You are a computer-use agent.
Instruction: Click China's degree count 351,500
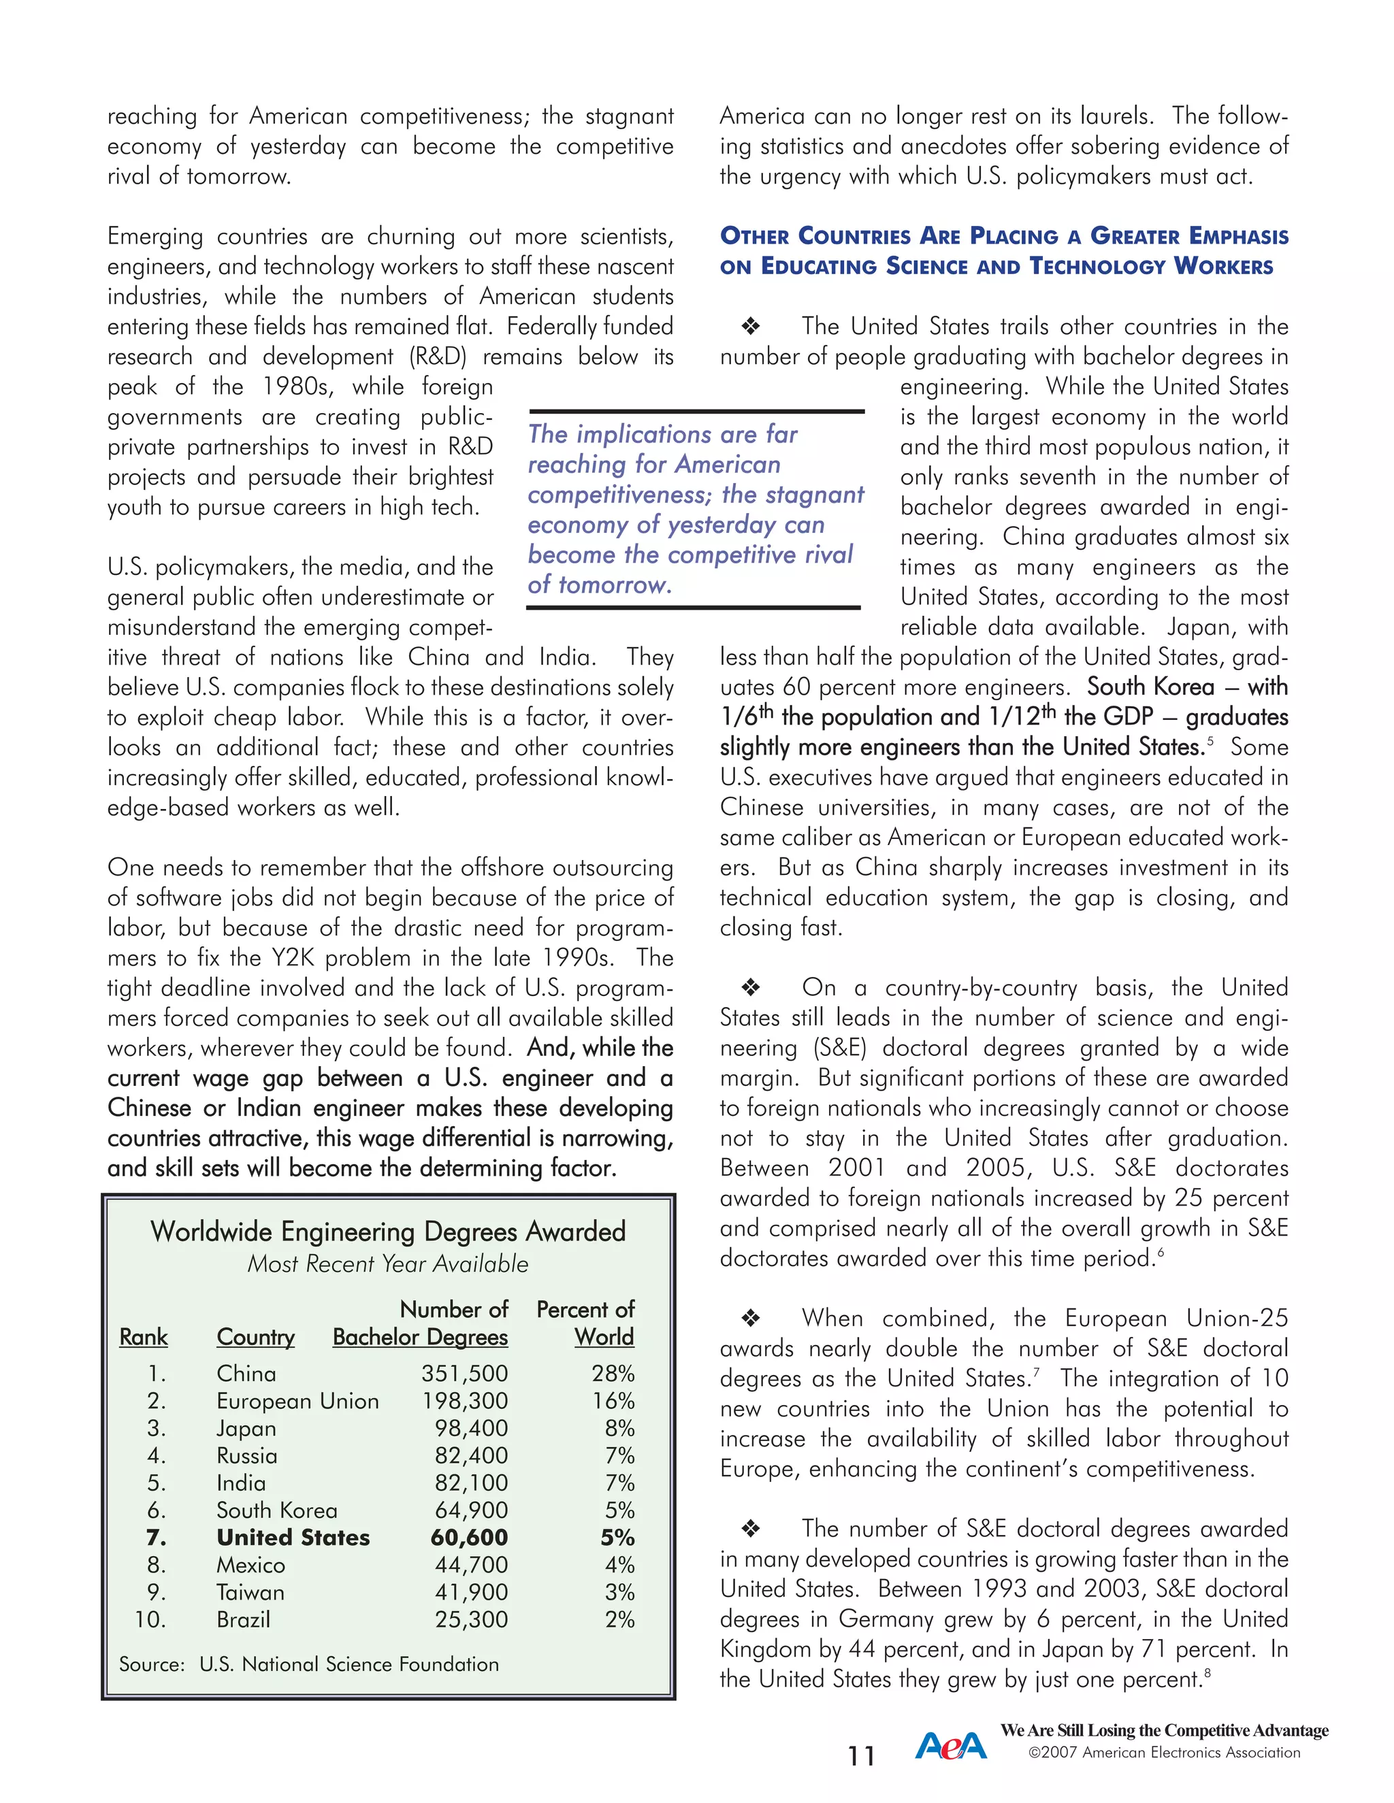(x=464, y=1374)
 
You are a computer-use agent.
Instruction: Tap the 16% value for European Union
(x=613, y=1401)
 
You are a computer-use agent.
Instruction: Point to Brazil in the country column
(x=243, y=1619)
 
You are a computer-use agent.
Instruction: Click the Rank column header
(x=143, y=1336)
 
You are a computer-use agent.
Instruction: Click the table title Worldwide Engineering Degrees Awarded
(x=387, y=1231)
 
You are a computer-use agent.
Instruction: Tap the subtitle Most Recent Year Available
(x=387, y=1264)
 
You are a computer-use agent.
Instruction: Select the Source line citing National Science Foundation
(x=308, y=1664)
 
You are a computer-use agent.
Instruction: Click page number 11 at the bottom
(x=861, y=1756)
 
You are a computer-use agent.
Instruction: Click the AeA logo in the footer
(x=950, y=1745)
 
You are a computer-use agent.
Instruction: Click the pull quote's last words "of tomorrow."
(x=600, y=584)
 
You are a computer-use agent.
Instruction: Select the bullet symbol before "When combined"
(x=750, y=1319)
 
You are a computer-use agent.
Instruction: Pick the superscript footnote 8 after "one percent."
(x=1207, y=1672)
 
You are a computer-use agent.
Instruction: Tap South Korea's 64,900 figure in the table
(x=471, y=1510)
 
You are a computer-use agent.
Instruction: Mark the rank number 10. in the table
(x=150, y=1619)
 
